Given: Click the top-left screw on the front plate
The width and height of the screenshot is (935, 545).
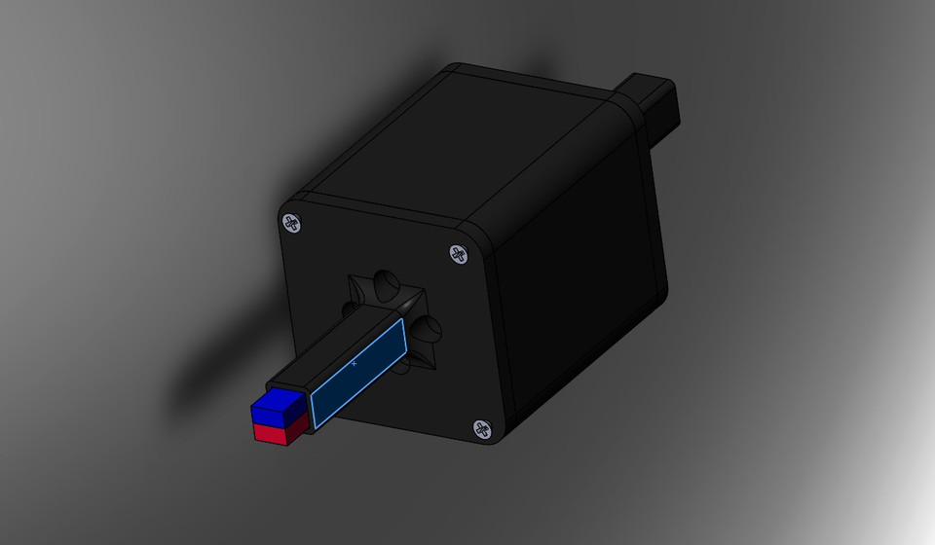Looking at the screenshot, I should (293, 223).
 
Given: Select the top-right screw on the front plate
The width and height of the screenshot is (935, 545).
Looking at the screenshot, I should (458, 255).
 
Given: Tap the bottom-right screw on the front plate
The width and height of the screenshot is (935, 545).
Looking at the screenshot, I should (482, 428).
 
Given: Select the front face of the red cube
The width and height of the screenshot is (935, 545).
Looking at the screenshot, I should (268, 433).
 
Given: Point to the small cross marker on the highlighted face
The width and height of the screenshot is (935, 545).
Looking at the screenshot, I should (354, 362).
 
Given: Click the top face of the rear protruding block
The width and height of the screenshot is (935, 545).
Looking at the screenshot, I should (654, 84).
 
